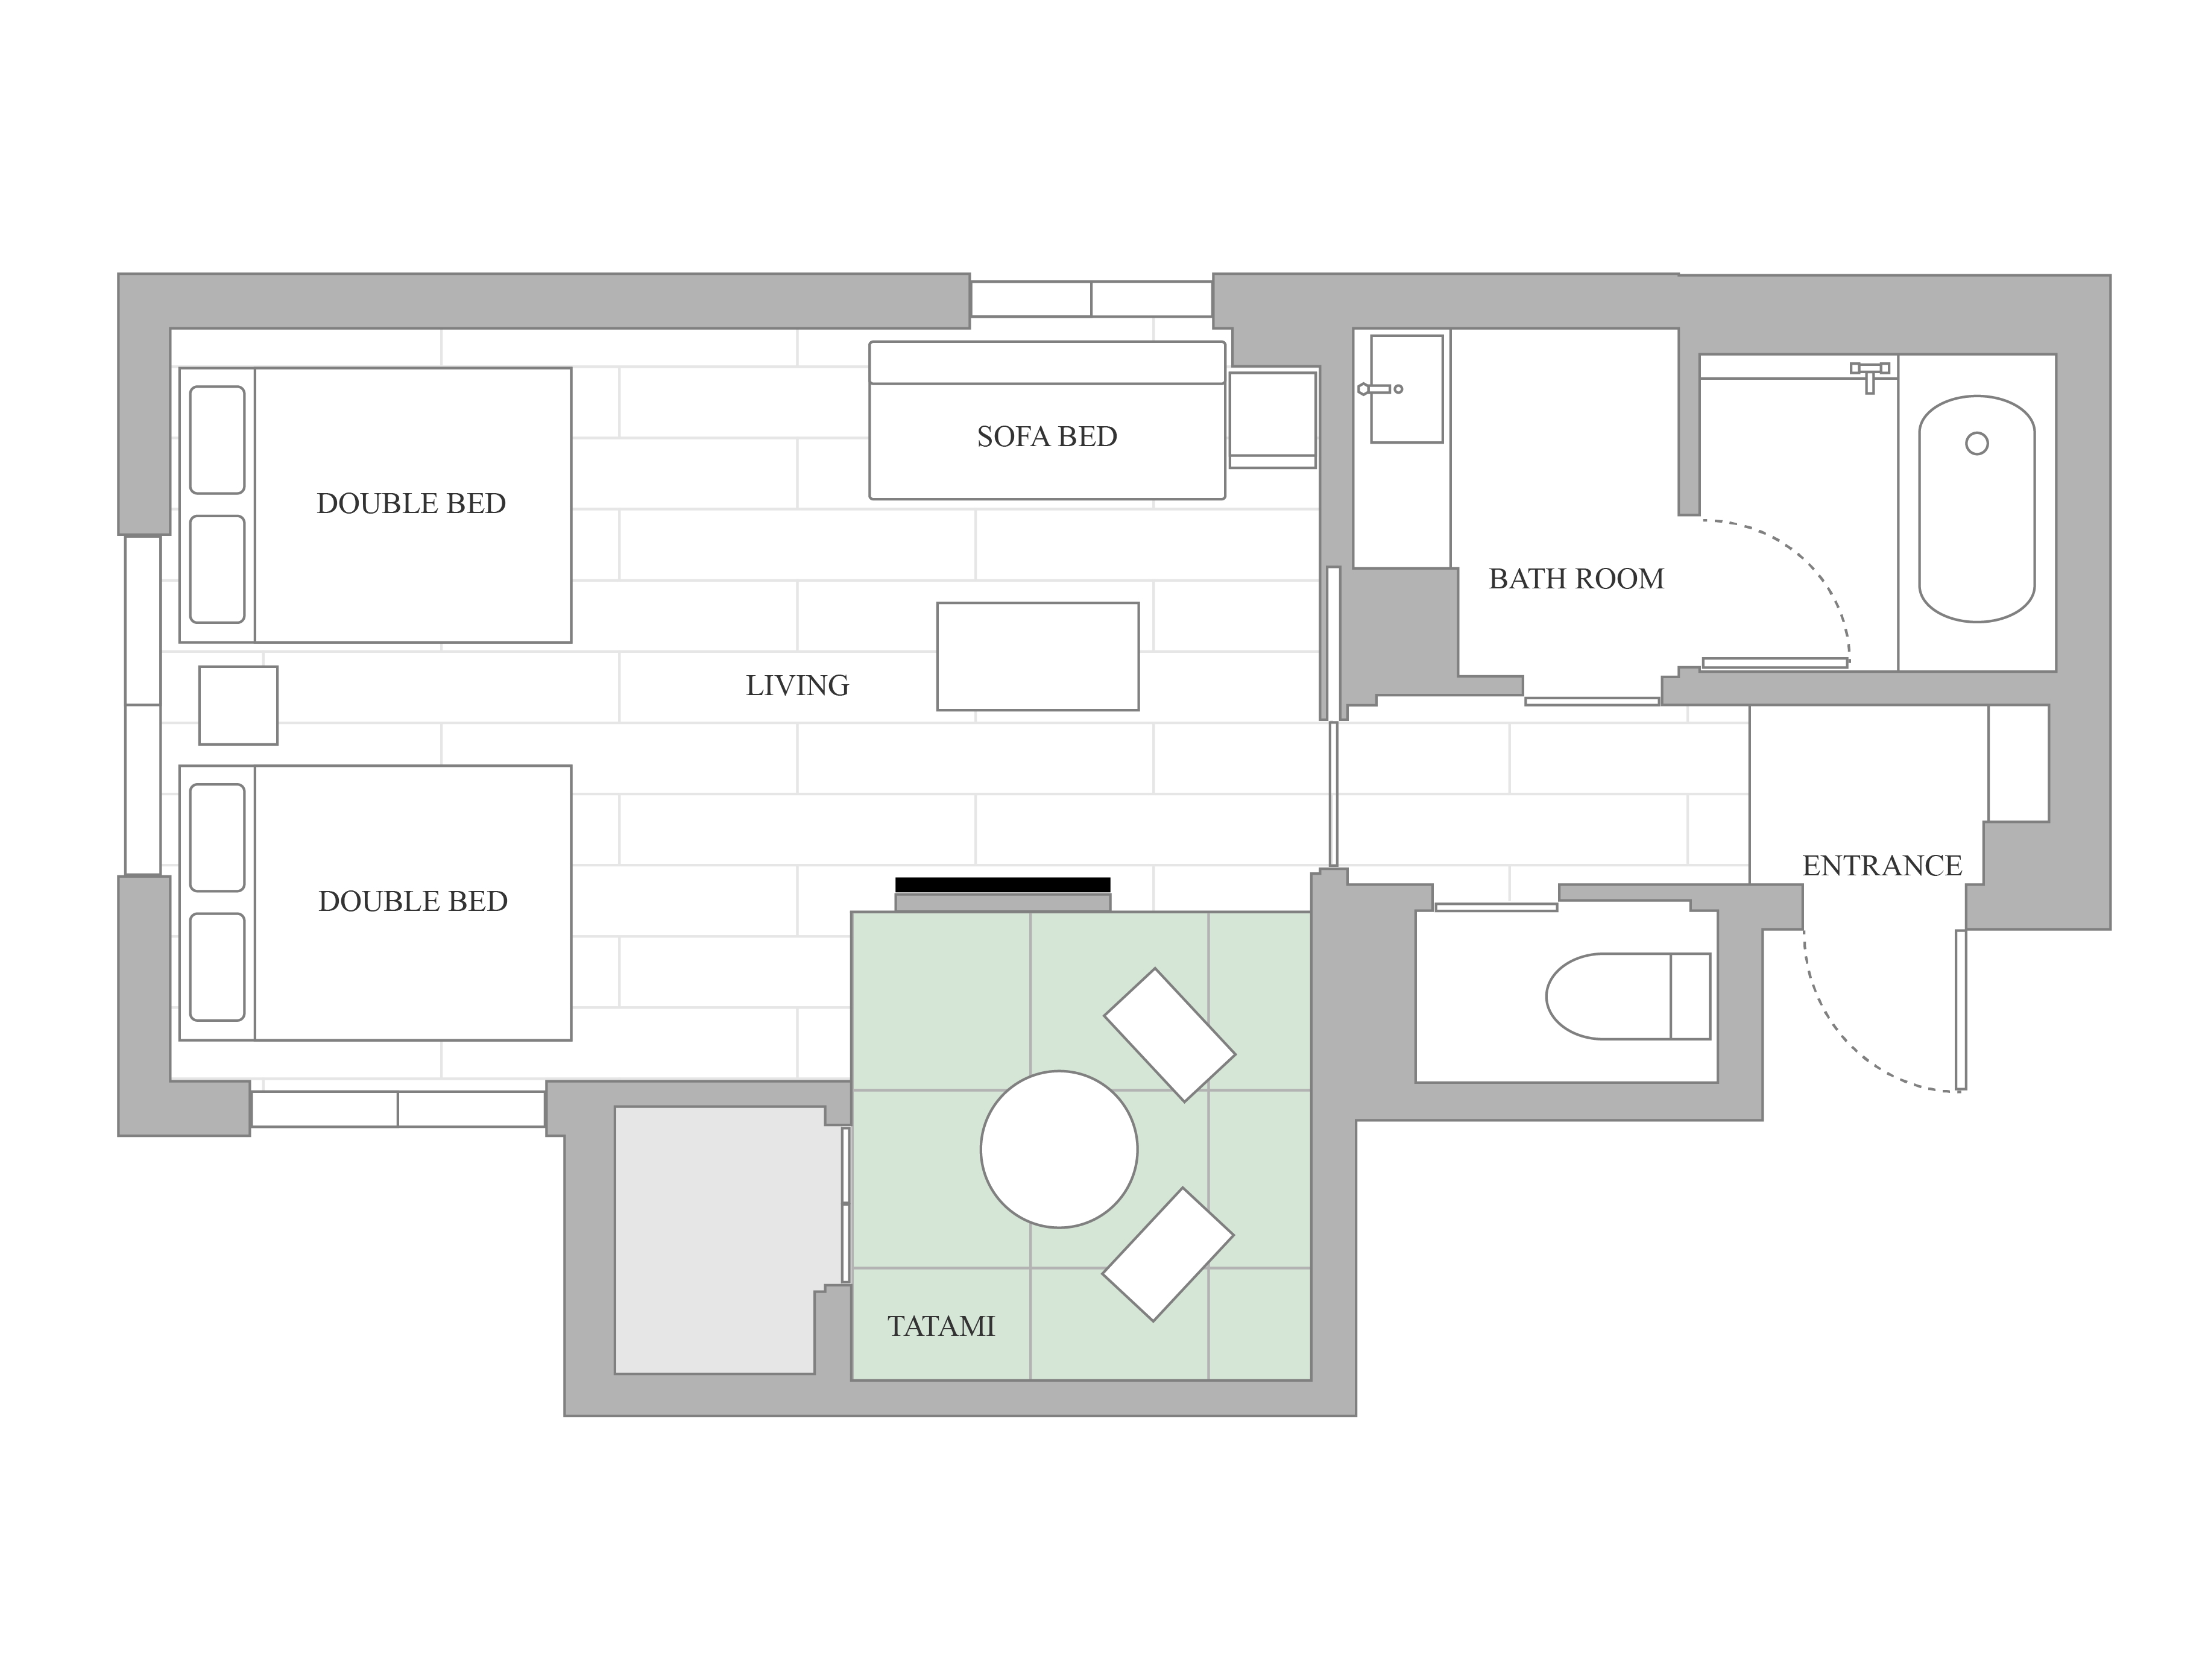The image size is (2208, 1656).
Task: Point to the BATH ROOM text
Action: [x=1576, y=578]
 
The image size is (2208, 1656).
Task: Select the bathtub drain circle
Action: [x=1976, y=443]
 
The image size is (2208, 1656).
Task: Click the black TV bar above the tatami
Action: [x=1002, y=884]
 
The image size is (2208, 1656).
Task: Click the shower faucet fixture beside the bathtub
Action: [x=1870, y=376]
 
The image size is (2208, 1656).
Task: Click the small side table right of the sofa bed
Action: [x=1272, y=419]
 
